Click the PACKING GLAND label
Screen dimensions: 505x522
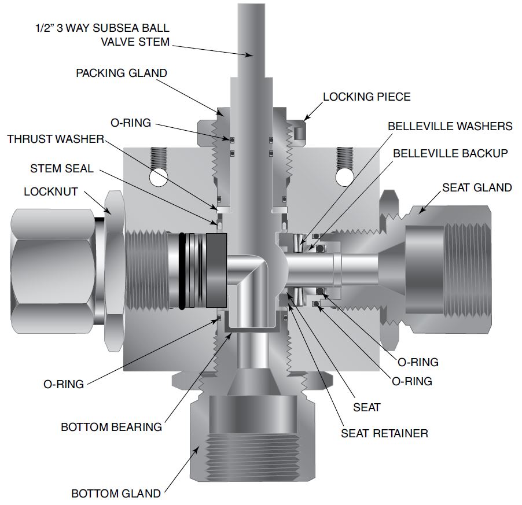point(122,73)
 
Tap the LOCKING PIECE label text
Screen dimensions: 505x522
point(366,97)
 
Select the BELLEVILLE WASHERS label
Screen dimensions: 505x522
point(450,126)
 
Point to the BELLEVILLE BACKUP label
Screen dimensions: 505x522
point(450,153)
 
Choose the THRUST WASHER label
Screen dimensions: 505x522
point(55,139)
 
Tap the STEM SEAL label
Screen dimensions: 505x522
point(61,168)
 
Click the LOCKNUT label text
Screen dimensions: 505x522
point(50,191)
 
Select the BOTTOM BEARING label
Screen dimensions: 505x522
point(111,427)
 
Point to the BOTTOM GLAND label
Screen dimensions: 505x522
point(116,494)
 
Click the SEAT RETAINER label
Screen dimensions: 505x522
point(384,433)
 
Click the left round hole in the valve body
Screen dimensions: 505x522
point(157,177)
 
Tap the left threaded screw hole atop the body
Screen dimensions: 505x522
point(157,156)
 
